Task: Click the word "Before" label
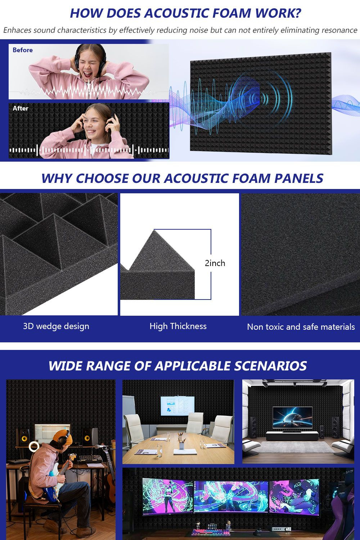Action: pyautogui.click(x=22, y=50)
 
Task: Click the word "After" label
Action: pyautogui.click(x=21, y=108)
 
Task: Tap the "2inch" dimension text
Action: pyautogui.click(x=215, y=263)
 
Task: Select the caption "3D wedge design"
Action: pyautogui.click(x=56, y=326)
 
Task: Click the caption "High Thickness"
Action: pyautogui.click(x=178, y=326)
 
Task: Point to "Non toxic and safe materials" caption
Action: pyautogui.click(x=301, y=327)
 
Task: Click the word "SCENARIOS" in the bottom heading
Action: pyautogui.click(x=270, y=366)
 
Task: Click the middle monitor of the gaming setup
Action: pyautogui.click(x=231, y=496)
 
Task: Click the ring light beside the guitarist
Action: pyautogui.click(x=34, y=446)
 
